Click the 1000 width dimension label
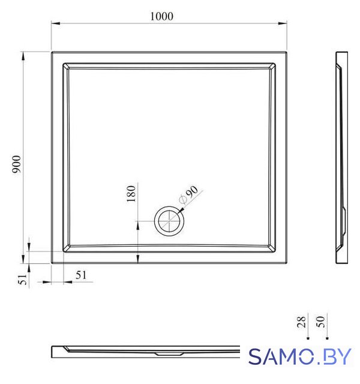pos(161,16)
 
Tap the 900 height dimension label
pos(17,164)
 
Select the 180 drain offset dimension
pos(131,194)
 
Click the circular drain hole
pos(169,221)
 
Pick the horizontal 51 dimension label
pos(81,275)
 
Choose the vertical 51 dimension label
pos(23,279)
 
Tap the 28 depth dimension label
pos(301,322)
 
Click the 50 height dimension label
pos(320,322)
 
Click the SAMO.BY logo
pos(300,356)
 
